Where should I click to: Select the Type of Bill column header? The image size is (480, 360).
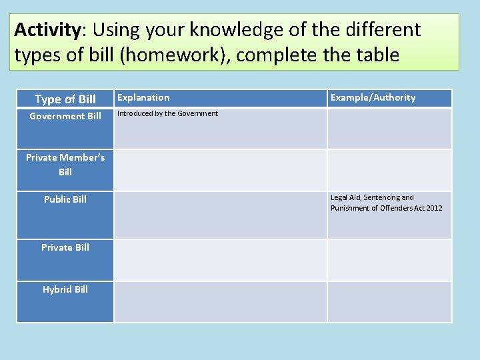(65, 99)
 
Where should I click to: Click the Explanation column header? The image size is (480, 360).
(143, 98)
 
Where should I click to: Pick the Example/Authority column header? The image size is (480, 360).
(373, 98)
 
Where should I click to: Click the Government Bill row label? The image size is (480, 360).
(65, 117)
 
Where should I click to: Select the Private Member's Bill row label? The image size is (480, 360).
(65, 165)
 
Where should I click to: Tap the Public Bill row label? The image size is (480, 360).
(65, 199)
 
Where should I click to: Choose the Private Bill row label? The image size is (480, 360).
(65, 247)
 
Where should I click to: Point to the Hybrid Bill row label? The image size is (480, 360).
(65, 289)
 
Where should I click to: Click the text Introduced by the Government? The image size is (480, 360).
(167, 114)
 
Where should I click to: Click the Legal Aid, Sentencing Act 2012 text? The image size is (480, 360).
(386, 203)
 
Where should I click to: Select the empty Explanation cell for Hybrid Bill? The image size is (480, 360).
(220, 302)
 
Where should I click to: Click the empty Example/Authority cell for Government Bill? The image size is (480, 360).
(389, 129)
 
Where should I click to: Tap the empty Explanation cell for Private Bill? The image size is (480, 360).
(220, 260)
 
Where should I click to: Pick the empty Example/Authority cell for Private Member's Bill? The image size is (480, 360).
(389, 170)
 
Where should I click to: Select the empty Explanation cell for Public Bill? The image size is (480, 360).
(220, 215)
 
